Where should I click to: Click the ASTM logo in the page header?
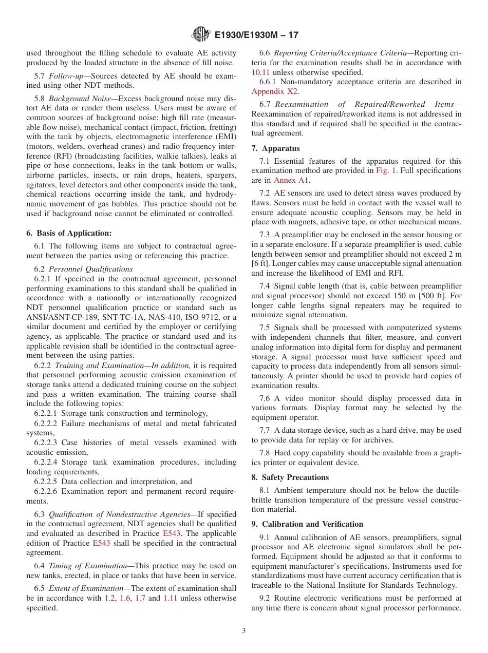(x=200, y=35)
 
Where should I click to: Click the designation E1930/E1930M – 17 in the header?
(x=256, y=35)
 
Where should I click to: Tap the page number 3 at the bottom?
(x=244, y=631)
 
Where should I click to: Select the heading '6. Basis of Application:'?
(x=69, y=233)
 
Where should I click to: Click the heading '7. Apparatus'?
(x=275, y=148)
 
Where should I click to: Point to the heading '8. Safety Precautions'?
(x=290, y=477)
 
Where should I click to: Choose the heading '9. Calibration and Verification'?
(x=307, y=524)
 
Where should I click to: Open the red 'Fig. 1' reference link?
(x=386, y=170)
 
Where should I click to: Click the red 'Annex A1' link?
(x=292, y=180)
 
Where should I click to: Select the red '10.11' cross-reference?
(x=260, y=72)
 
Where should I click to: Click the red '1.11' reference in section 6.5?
(x=170, y=598)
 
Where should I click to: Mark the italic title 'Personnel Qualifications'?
(x=90, y=269)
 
